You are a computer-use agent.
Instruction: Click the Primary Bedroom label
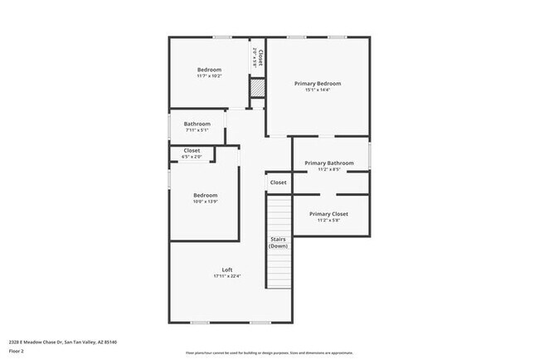coord(318,84)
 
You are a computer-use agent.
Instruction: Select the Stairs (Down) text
coord(278,242)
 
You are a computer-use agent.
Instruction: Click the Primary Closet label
coord(328,213)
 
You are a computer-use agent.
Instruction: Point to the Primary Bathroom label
coord(329,163)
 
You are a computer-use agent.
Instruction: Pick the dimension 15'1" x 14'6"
coord(318,91)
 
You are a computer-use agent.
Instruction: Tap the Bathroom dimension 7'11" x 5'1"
coord(197,130)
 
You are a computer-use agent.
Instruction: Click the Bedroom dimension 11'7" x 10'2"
coord(209,76)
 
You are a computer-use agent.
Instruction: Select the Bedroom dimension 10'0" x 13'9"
coord(205,202)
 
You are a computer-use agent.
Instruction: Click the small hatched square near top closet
coord(258,87)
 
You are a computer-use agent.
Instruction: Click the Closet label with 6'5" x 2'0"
coord(192,150)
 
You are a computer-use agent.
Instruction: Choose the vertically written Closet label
coord(260,57)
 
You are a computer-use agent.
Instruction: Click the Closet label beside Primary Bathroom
coord(278,182)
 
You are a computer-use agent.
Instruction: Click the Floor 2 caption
coord(17,351)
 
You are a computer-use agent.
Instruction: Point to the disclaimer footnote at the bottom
coord(269,352)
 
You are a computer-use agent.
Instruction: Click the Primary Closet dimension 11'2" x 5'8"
coord(328,221)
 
